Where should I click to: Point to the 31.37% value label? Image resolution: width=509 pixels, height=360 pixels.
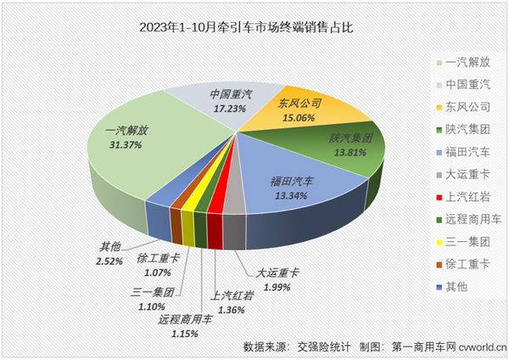(x=124, y=145)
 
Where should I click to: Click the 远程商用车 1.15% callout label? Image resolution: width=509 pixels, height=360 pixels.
(x=182, y=327)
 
